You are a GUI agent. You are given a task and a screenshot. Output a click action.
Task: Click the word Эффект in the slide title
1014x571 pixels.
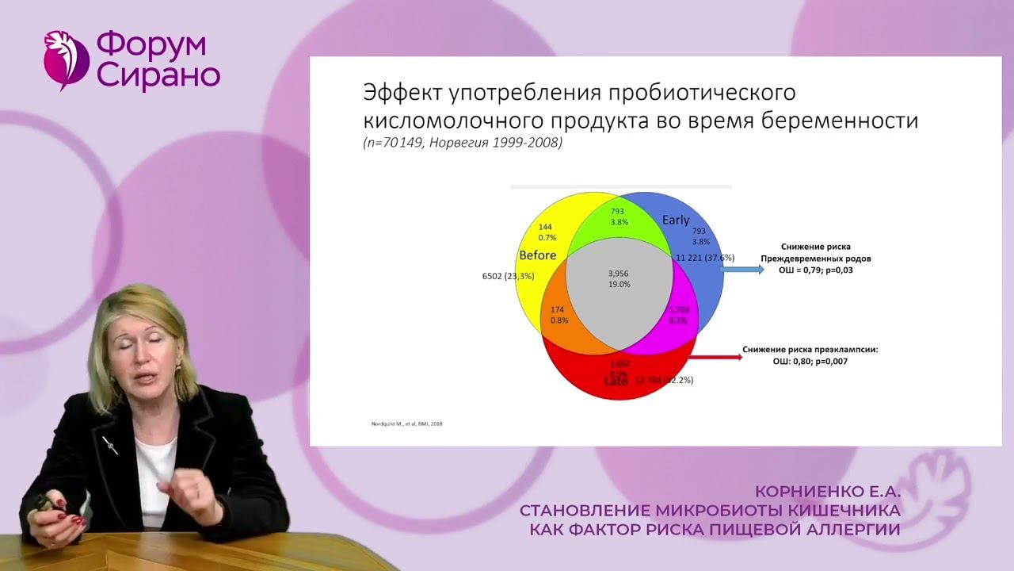click(x=402, y=93)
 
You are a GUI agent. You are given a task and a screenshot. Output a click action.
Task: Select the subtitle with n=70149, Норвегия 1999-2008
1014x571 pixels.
click(x=463, y=144)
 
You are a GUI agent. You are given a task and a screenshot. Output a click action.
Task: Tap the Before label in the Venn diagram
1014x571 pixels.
click(x=537, y=255)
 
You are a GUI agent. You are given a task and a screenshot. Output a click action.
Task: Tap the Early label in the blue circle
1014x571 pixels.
click(x=675, y=220)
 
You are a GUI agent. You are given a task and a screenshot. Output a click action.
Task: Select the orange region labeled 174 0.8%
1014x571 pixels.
click(x=558, y=314)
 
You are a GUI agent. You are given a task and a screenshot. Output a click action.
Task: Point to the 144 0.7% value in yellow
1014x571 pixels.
click(x=547, y=232)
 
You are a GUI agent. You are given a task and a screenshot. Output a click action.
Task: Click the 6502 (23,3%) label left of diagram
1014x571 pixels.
click(x=509, y=276)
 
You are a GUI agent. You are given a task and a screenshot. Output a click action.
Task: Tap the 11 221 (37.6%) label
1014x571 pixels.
click(x=704, y=259)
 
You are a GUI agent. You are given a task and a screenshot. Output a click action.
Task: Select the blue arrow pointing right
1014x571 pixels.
click(x=742, y=270)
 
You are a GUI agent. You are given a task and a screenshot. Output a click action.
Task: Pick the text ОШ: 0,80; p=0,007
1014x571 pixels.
click(x=810, y=360)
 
